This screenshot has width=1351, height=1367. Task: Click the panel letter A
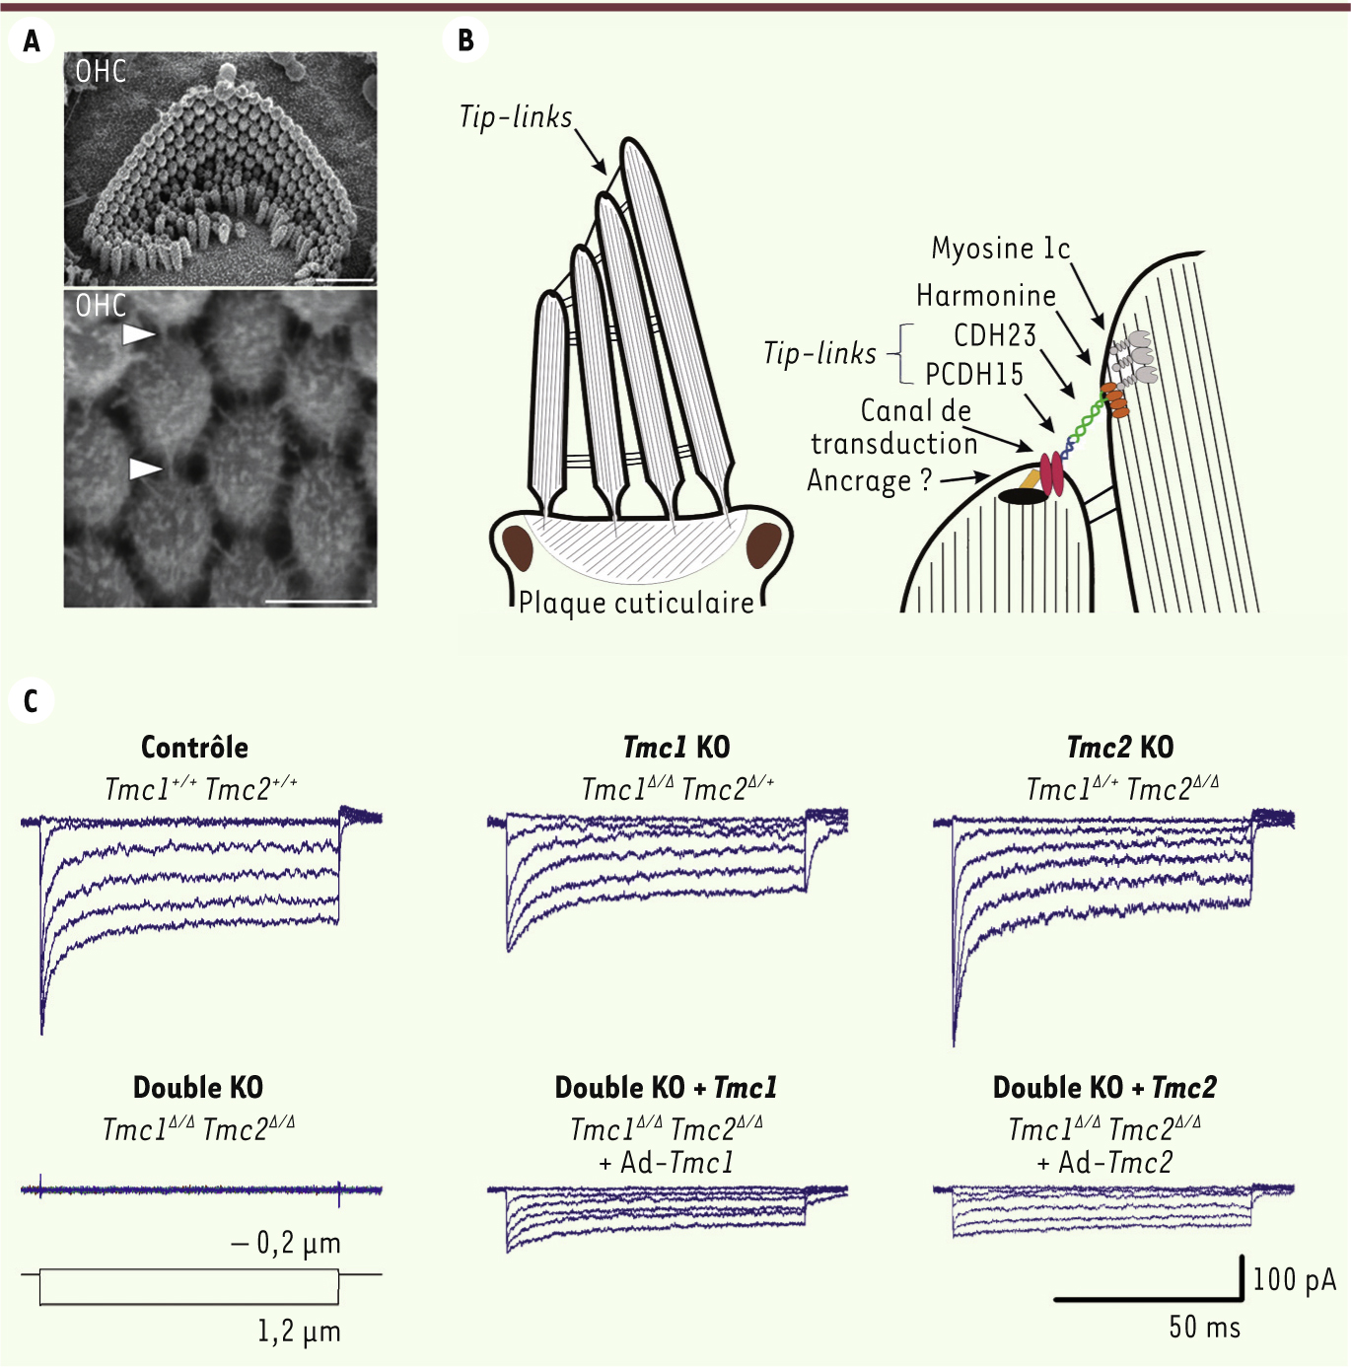pos(32,41)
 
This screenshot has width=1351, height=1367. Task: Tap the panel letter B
pos(465,40)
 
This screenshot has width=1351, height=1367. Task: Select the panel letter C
pos(31,701)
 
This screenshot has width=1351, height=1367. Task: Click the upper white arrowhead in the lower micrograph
pos(138,334)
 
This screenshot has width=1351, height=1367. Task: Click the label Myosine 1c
pos(1001,249)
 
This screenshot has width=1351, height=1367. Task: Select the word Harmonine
pos(986,295)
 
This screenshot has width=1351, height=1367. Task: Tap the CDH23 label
pos(995,335)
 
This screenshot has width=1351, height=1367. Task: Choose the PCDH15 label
pos(975,375)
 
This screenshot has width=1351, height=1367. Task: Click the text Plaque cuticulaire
pos(636,603)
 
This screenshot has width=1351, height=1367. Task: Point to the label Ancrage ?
pos(869,481)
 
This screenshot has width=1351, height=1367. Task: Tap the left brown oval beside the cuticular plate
pos(518,548)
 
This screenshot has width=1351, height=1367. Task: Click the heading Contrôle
pos(194,747)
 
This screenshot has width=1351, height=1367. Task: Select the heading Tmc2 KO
pos(1120,747)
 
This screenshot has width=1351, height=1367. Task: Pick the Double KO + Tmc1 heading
pos(666,1088)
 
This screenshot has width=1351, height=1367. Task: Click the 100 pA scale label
pos(1294,1280)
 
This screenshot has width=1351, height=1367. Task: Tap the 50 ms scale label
pos(1205,1327)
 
